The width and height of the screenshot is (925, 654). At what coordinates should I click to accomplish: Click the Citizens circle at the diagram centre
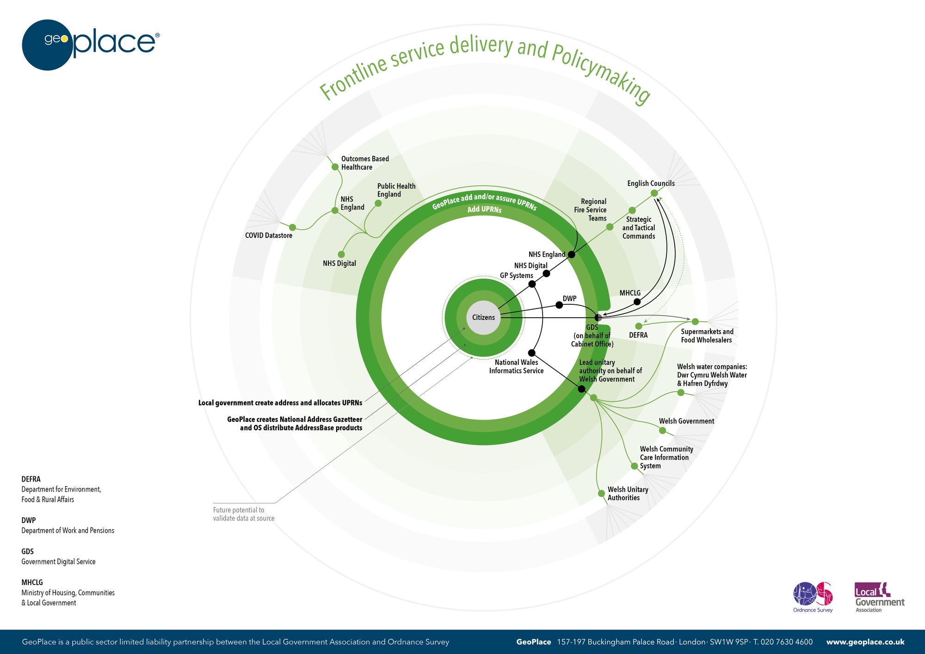(483, 317)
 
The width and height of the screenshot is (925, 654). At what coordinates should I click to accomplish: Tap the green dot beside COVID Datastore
(292, 227)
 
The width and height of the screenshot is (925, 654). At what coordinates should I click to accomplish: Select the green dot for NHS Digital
(341, 254)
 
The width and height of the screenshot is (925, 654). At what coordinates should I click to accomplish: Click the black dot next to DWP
(559, 305)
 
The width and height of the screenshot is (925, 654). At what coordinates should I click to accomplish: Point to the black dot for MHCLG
(637, 302)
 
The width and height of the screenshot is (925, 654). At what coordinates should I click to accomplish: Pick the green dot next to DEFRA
(639, 326)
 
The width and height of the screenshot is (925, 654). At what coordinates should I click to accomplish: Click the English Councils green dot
(654, 193)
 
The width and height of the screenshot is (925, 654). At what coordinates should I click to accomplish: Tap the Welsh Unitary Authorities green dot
(601, 494)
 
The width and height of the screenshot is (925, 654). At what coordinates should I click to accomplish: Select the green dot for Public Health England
(378, 203)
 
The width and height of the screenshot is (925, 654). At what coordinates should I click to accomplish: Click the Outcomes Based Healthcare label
(364, 163)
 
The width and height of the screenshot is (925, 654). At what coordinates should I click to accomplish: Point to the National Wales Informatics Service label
(516, 366)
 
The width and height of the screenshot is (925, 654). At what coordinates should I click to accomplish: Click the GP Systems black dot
(532, 284)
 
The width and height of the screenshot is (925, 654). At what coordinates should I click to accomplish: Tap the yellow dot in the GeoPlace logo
(64, 39)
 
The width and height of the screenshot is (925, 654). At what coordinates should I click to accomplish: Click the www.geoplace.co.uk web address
(865, 642)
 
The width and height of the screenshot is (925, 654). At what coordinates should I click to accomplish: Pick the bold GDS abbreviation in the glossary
(28, 551)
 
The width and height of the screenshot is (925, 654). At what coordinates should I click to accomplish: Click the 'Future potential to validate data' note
(244, 514)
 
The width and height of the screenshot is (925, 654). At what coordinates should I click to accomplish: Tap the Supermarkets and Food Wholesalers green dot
(695, 321)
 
